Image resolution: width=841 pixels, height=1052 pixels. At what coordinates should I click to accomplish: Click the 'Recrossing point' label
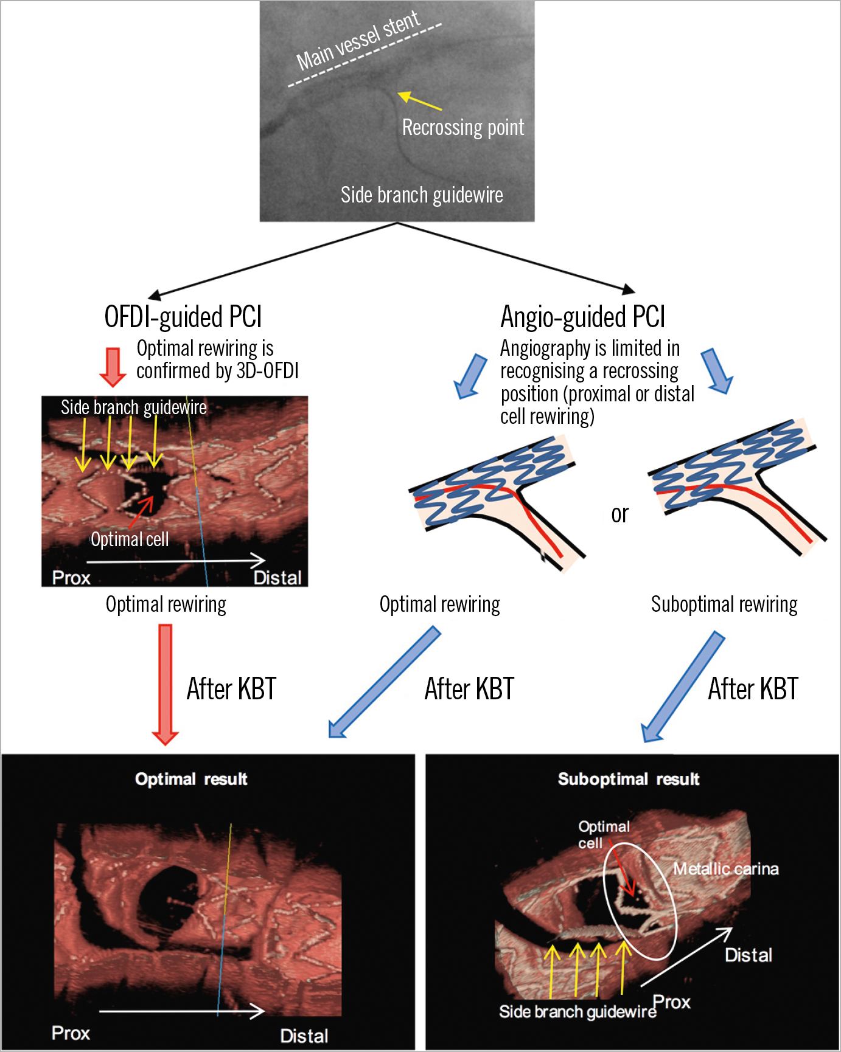tap(462, 128)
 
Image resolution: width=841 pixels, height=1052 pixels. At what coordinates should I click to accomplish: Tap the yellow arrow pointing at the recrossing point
tap(419, 101)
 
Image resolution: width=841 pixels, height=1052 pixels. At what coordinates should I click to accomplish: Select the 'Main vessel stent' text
tap(358, 41)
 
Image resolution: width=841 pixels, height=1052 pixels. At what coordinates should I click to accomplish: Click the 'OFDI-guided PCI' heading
tap(183, 317)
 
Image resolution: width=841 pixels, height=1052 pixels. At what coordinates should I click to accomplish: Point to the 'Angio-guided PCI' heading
tap(582, 317)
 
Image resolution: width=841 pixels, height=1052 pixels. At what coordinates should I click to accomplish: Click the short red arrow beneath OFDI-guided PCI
tap(113, 367)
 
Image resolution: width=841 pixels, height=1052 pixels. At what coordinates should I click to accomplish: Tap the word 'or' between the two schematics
tap(619, 514)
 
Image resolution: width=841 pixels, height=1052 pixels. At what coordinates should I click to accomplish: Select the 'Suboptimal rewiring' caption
tap(724, 604)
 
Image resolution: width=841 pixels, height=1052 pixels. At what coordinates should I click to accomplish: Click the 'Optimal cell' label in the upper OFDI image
tap(130, 539)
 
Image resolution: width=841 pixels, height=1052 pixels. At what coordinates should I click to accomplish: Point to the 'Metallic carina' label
tap(725, 869)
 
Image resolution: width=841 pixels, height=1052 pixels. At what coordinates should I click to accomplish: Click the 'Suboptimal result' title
tap(629, 780)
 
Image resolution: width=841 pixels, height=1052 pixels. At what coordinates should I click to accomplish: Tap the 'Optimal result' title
tap(191, 780)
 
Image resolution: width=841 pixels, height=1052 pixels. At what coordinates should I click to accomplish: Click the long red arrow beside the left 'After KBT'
tap(165, 684)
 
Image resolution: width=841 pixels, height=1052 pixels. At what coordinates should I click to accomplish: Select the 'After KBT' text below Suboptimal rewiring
tap(753, 690)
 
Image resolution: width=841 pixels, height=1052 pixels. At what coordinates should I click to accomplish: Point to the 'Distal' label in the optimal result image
tap(304, 1036)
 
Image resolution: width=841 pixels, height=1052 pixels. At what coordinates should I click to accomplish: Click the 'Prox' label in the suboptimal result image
tap(672, 1002)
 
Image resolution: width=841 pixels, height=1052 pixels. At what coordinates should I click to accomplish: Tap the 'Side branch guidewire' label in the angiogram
tap(422, 195)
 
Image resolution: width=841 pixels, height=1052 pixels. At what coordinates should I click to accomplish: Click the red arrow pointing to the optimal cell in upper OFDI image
tap(141, 512)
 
